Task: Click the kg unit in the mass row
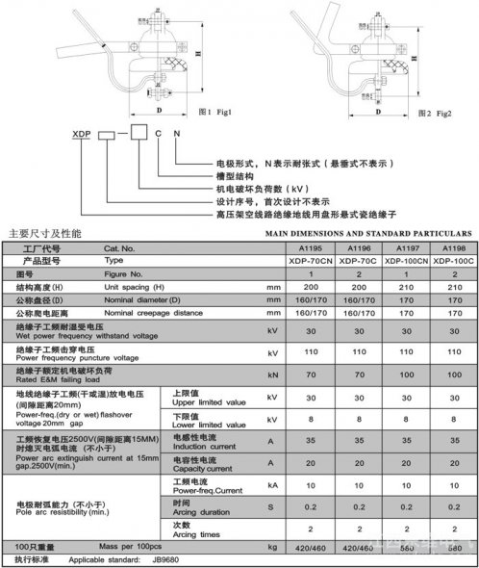[x=272, y=547]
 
